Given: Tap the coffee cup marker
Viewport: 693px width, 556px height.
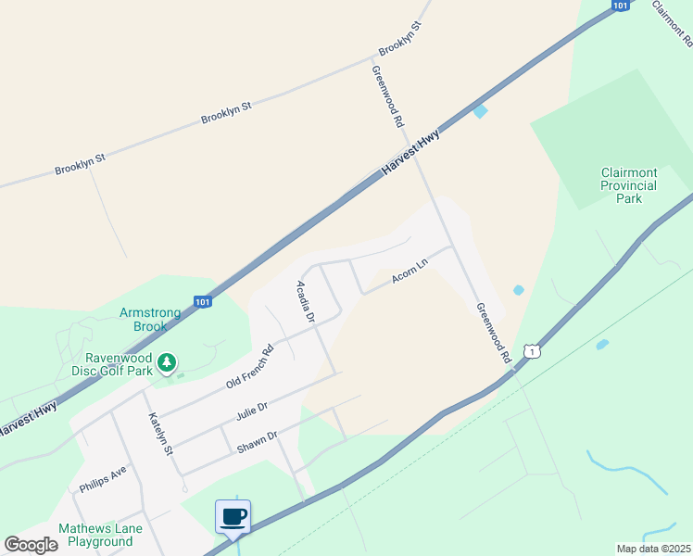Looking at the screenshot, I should pos(232,517).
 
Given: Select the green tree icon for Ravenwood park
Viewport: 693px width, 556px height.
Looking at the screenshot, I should pos(167,362).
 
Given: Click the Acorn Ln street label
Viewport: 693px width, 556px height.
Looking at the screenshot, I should pos(409,271).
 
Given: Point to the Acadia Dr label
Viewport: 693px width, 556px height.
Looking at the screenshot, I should pos(306,301).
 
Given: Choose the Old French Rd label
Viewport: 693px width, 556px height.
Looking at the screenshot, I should pos(249,367).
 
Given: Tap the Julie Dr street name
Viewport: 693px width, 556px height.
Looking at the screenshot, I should pos(251,409).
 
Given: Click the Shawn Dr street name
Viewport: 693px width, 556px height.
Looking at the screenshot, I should pos(258,438).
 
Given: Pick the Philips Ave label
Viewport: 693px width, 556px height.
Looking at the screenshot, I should pos(103,478).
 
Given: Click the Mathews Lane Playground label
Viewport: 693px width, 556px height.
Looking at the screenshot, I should pos(95,535).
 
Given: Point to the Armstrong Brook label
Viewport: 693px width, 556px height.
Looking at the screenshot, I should pos(144,319).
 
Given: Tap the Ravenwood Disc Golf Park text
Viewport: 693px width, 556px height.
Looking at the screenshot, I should pos(118,364).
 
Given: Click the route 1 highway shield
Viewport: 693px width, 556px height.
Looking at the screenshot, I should pos(531,350).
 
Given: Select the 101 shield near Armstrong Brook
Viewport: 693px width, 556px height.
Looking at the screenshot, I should pos(202,301).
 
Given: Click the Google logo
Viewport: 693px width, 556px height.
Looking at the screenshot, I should pos(31,545).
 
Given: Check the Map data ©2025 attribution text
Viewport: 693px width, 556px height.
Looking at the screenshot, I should pos(653,549).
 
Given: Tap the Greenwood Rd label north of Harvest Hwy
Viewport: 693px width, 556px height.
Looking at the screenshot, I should pos(388,95).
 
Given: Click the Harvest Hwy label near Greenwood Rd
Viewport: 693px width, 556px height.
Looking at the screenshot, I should pos(410,151).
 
